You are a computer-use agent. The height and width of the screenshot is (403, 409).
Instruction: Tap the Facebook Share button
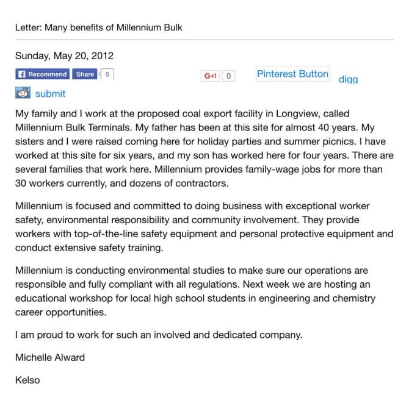coord(84,74)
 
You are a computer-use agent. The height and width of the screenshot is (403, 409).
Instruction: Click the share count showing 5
coord(108,74)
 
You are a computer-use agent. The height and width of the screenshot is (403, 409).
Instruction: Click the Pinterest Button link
coord(292,74)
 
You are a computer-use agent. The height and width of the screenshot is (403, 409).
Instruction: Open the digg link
coord(348,79)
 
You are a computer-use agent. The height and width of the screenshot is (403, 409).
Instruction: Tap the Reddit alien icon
coord(23,93)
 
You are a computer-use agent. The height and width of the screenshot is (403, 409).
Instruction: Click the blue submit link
coord(50,94)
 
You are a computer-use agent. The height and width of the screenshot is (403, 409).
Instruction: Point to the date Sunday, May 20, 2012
coord(64,56)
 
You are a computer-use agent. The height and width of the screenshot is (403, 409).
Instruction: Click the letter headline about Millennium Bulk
coord(98,27)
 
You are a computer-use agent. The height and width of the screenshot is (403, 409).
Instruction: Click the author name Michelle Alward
coord(49,357)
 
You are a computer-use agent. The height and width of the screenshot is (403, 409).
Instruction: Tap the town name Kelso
coord(27,380)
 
